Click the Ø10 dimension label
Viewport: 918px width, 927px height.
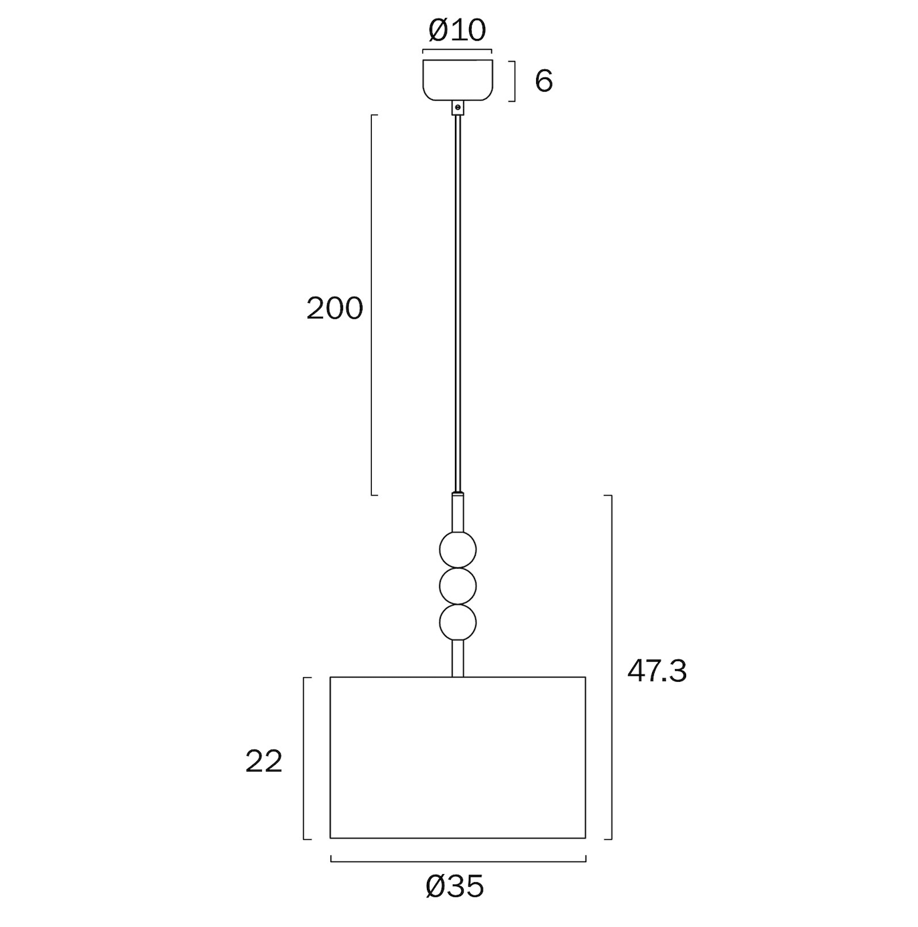tap(456, 30)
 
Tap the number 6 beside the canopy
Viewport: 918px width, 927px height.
tap(543, 81)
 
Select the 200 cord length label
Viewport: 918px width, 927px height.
tap(334, 308)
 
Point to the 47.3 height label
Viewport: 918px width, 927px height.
tap(657, 671)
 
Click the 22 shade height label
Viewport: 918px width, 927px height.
tap(263, 762)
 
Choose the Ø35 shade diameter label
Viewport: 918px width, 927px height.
tap(454, 886)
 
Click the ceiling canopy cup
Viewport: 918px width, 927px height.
tap(457, 80)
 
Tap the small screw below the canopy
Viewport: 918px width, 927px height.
tap(458, 108)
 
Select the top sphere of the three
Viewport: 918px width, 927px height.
tap(458, 550)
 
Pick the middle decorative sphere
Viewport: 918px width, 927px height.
tap(458, 587)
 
